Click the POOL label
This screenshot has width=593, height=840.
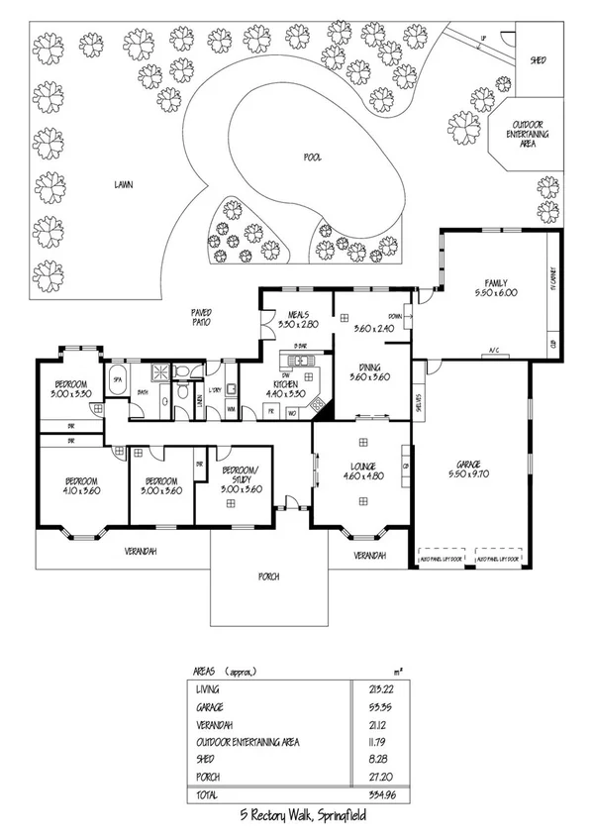click(312, 157)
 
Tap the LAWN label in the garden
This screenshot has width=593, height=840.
click(123, 184)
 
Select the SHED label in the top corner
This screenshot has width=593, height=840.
click(540, 58)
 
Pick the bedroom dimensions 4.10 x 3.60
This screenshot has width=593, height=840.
click(81, 488)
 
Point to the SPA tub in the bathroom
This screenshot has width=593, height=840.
click(116, 380)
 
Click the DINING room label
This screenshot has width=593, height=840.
click(368, 367)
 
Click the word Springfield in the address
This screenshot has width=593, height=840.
click(336, 819)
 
